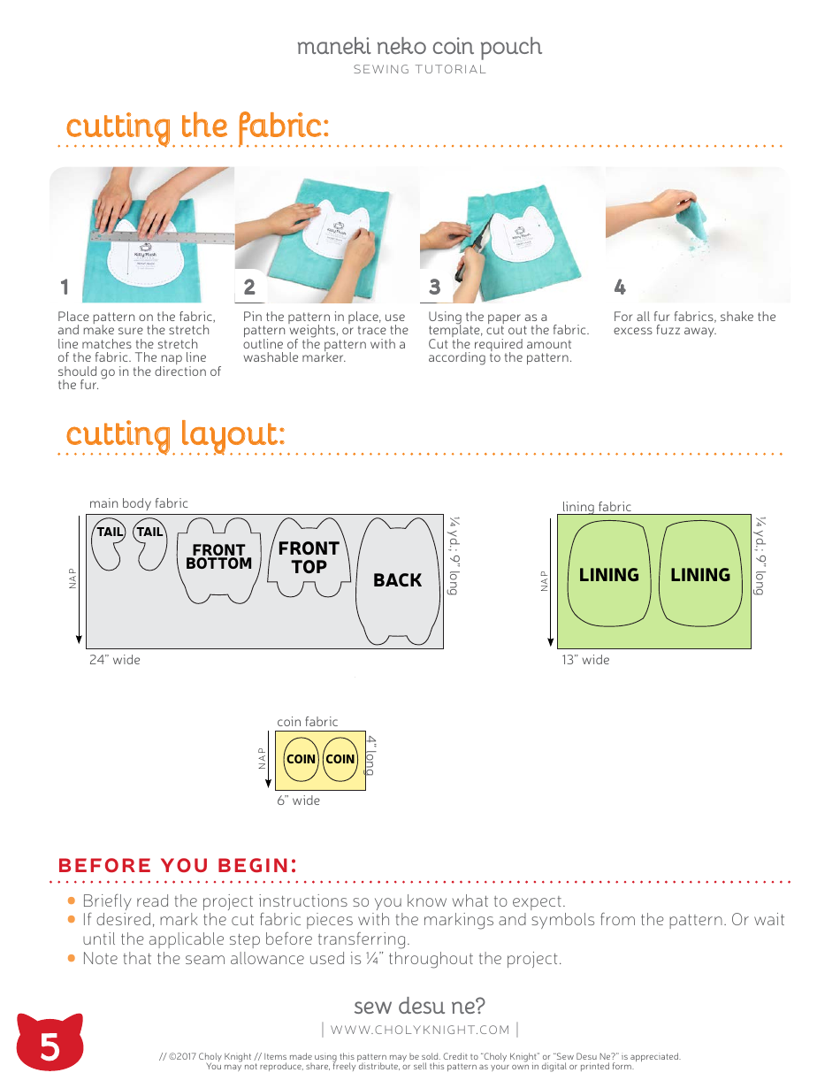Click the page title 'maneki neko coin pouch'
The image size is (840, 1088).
419,47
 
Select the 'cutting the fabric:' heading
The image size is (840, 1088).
197,126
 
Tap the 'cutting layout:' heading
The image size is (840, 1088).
175,434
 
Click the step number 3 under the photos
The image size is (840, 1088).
434,287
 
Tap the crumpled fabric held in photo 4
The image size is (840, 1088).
696,216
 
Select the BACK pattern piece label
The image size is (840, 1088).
397,580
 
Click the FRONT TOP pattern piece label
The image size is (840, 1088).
309,557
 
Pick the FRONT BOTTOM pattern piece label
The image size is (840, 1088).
218,556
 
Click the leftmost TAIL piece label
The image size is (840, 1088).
110,532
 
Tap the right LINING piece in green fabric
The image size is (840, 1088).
700,575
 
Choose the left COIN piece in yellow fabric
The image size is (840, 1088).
301,759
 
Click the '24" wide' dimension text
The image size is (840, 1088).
114,660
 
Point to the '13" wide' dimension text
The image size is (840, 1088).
585,660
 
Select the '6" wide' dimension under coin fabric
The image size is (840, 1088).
298,801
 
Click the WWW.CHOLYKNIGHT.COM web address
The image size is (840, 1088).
420,1030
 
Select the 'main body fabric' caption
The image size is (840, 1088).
139,503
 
